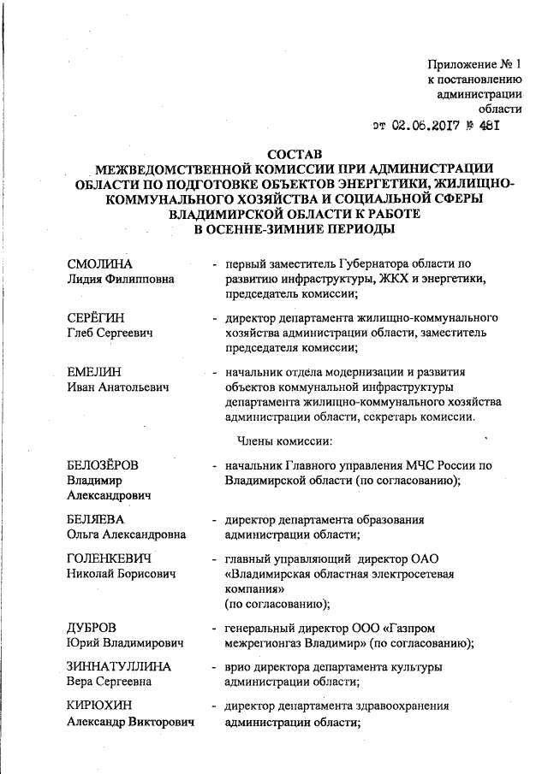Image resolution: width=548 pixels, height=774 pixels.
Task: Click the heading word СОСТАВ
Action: (x=294, y=154)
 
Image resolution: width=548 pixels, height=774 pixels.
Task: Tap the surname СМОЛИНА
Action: (x=101, y=263)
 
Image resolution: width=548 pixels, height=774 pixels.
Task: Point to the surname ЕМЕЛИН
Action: (x=95, y=372)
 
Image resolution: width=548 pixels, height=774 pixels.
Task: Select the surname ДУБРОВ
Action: (x=92, y=626)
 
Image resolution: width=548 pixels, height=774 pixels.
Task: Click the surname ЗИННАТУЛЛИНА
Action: (x=119, y=666)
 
